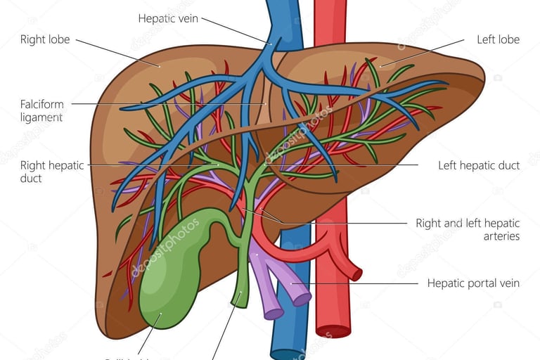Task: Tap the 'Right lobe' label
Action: tap(45, 39)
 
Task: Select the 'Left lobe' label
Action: tap(498, 39)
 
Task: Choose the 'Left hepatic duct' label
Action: tap(479, 165)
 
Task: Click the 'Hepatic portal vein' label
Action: tap(473, 283)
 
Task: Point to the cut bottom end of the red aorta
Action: tap(333, 330)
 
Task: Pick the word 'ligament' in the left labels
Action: tap(41, 117)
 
